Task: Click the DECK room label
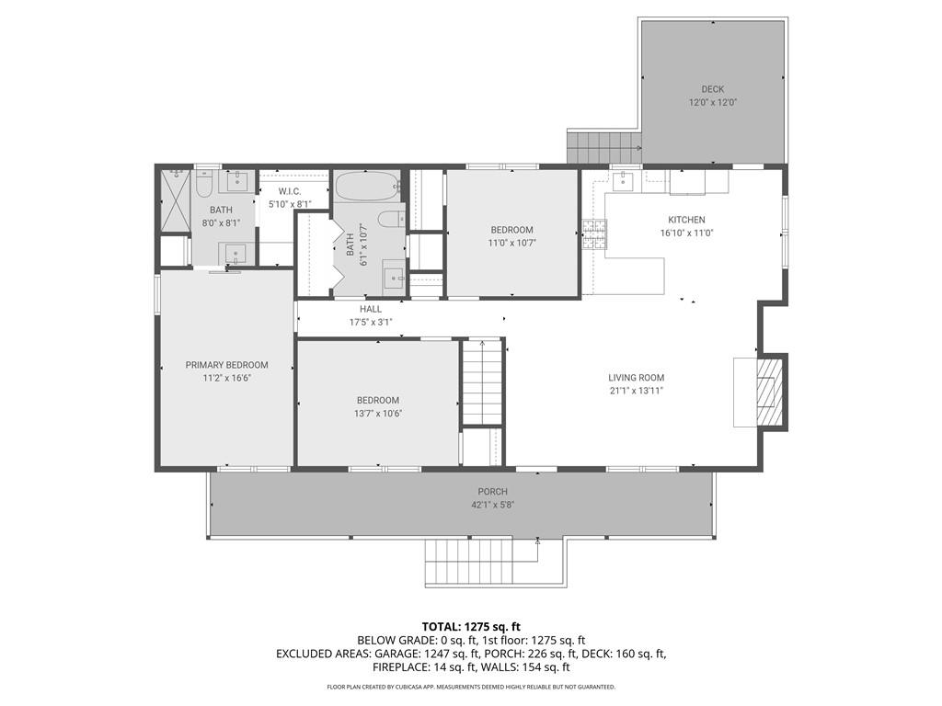pos(713,89)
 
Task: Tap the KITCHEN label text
pos(686,220)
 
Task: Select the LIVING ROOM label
pos(636,377)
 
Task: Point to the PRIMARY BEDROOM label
pos(226,365)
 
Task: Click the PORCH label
pos(492,492)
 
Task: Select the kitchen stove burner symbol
pos(593,235)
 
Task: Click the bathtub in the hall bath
pos(366,188)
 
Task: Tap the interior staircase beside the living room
pos(482,382)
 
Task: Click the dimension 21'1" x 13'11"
pos(636,391)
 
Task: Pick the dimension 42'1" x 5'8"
pos(492,505)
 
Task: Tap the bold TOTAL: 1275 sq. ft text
pos(470,627)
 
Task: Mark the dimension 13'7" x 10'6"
pos(378,414)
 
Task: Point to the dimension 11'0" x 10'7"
pos(511,244)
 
